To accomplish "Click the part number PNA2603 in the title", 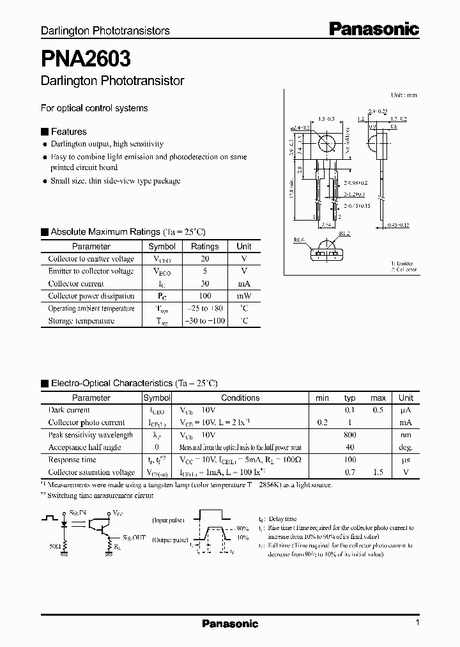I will coord(86,59).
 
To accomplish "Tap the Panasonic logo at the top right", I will coord(374,29).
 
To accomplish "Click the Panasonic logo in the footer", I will coord(230,623).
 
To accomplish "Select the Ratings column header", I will coord(204,246).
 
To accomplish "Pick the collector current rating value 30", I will coord(204,283).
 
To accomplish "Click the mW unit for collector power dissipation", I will coord(243,296).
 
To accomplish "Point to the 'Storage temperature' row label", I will coord(81,320).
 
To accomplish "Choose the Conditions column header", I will coord(240,398).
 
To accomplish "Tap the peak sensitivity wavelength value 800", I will coord(349,435).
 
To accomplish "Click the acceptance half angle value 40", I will coord(349,448).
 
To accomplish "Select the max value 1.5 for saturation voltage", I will coord(378,472).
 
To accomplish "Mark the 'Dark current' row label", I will coord(69,410).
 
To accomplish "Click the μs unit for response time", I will coord(406,460).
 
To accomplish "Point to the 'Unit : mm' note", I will coord(404,95).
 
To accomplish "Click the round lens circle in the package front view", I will coord(326,142).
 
